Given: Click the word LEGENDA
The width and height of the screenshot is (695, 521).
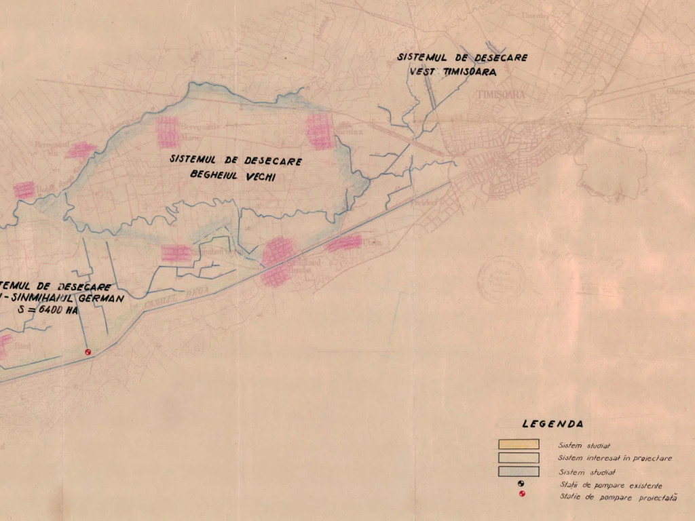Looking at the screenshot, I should tap(552, 424).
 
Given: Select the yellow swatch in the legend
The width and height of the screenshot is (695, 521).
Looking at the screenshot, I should tap(519, 444).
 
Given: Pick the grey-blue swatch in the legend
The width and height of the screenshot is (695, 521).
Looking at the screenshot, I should tap(519, 471).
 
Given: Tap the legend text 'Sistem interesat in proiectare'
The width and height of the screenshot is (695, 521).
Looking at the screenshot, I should tap(615, 459).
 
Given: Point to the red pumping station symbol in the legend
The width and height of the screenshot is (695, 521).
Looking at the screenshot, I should tap(521, 494).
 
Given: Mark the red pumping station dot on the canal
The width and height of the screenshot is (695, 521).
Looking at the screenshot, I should tap(87, 352).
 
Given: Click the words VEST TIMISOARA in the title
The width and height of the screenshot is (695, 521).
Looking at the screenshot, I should tap(453, 71).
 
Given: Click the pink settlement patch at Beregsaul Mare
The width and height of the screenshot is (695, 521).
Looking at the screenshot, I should tap(168, 132).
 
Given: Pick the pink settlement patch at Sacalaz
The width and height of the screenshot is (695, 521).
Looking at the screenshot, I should tap(318, 131).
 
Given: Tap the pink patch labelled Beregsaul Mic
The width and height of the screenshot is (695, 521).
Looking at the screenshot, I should tap(80, 150).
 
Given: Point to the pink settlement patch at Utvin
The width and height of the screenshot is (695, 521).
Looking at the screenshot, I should tap(345, 243).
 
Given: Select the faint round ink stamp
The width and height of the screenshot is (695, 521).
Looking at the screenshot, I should tap(501, 278).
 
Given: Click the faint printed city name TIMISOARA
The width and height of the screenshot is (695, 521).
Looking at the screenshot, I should tap(501, 95).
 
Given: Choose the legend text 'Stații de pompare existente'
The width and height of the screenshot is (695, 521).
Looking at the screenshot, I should tap(611, 485).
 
